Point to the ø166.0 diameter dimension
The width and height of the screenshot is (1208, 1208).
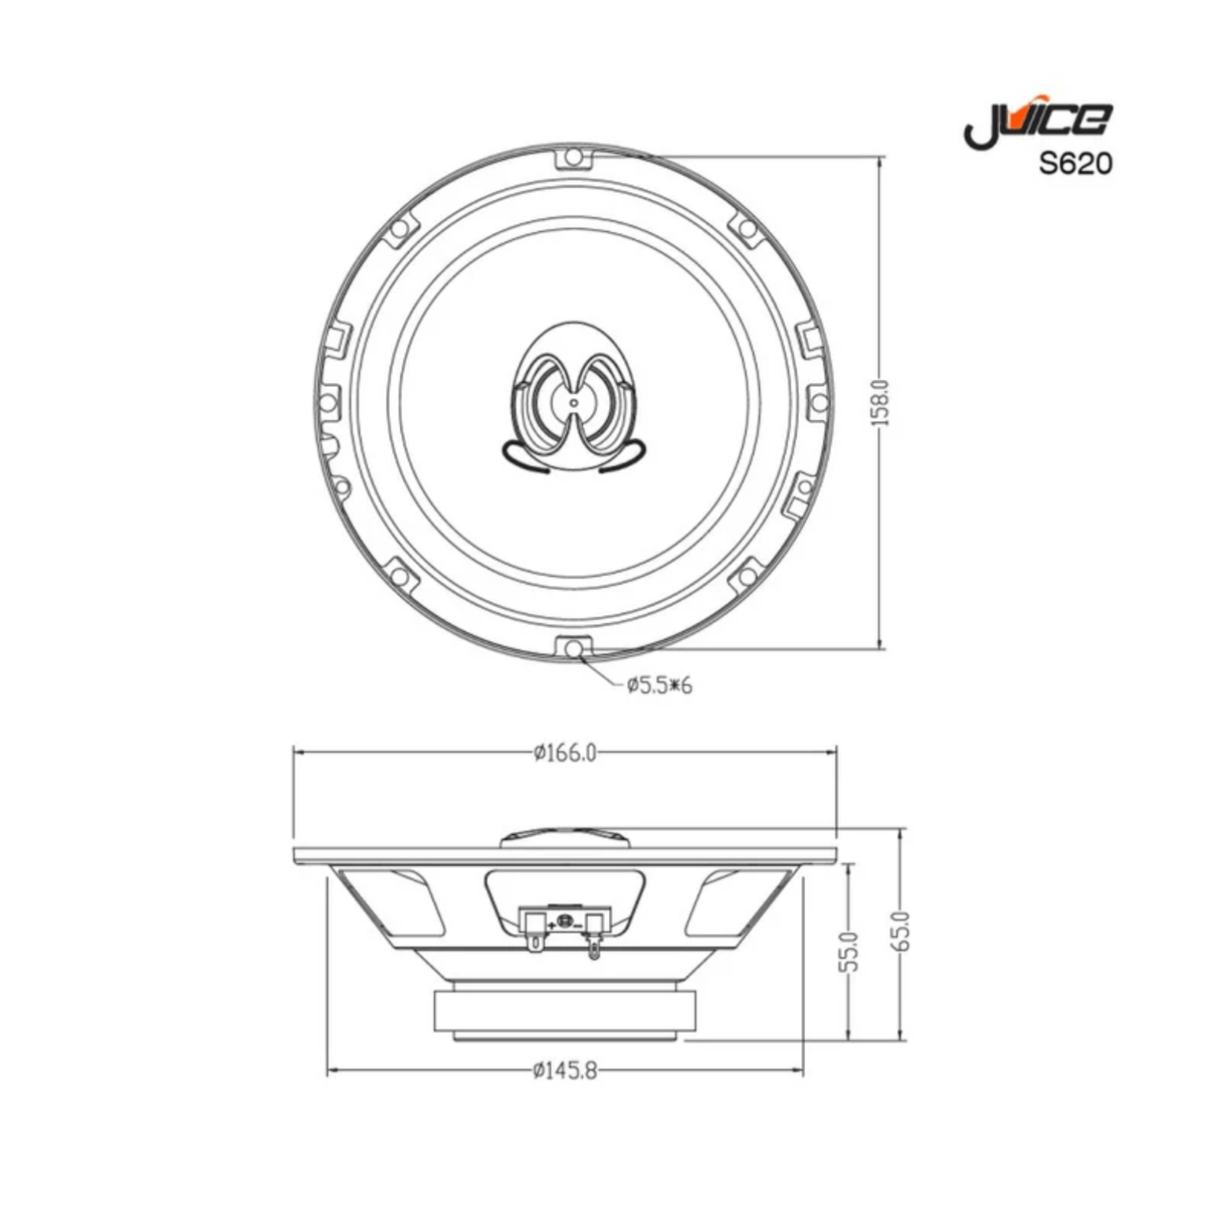tap(564, 753)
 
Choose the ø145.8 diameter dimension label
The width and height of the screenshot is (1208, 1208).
tap(564, 1072)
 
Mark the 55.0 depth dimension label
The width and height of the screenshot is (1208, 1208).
tap(849, 951)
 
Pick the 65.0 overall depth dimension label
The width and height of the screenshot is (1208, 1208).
tap(901, 931)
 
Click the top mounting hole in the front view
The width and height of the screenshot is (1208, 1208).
tap(573, 157)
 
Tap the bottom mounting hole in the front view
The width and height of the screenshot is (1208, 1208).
tap(574, 648)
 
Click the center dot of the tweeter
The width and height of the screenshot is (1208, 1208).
tap(573, 402)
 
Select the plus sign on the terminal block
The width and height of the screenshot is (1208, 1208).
tap(550, 924)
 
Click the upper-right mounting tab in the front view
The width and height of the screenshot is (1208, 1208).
tap(744, 227)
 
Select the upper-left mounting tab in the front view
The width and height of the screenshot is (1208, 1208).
tap(399, 230)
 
